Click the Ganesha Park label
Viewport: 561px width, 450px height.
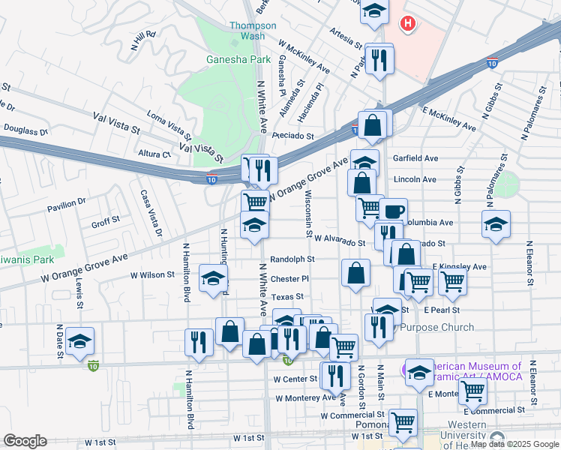pyautogui.click(x=238, y=58)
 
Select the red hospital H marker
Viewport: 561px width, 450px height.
pyautogui.click(x=407, y=25)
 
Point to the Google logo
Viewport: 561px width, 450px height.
pyautogui.click(x=25, y=441)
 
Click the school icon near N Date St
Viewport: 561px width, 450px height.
pyautogui.click(x=79, y=341)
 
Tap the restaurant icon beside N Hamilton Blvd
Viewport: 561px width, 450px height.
pyautogui.click(x=198, y=341)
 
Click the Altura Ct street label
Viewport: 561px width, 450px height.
pyautogui.click(x=156, y=154)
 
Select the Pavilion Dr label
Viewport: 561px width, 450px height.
pyautogui.click(x=67, y=204)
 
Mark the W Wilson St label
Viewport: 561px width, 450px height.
pyautogui.click(x=152, y=275)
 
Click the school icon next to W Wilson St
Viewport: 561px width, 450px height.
pyautogui.click(x=213, y=279)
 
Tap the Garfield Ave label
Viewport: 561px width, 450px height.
pyautogui.click(x=415, y=158)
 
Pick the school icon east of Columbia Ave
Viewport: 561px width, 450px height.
pyautogui.click(x=496, y=224)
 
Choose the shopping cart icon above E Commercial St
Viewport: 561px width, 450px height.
pyautogui.click(x=472, y=389)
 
